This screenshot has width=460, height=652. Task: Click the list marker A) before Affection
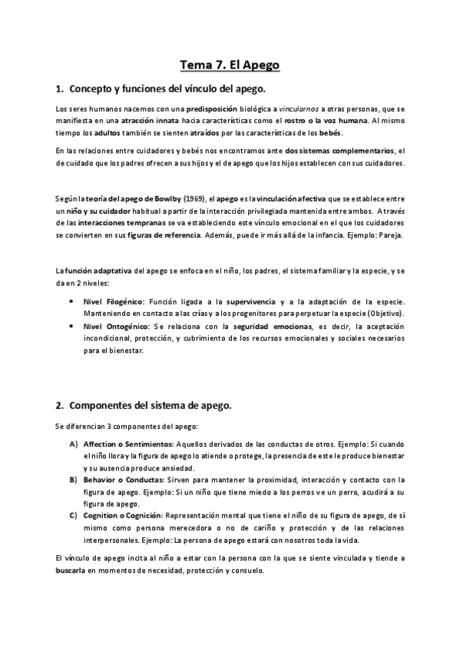[73, 444]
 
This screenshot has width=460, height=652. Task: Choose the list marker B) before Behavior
[73, 478]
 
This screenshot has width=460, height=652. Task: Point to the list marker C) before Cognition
[73, 513]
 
